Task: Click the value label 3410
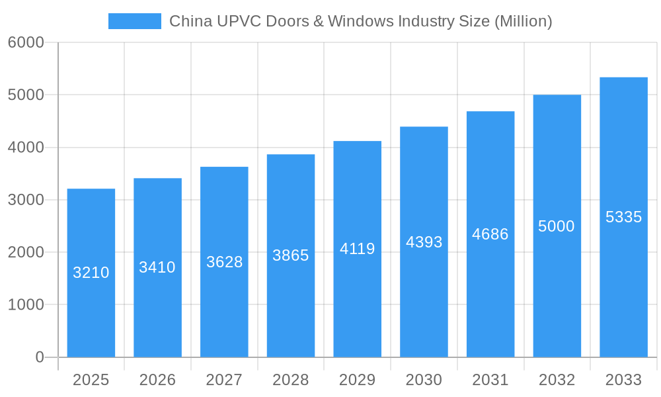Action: [x=157, y=267]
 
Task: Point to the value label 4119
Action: [x=357, y=249]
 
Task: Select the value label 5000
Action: [x=557, y=226]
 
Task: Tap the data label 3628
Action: [x=224, y=262]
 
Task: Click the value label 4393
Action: [x=424, y=242]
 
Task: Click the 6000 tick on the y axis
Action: [x=26, y=42]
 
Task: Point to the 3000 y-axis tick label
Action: [x=26, y=200]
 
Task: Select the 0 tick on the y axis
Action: [x=39, y=357]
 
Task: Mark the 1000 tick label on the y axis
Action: [x=26, y=305]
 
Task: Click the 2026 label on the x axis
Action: [x=157, y=380]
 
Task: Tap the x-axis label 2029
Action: [x=357, y=380]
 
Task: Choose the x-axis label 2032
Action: [x=557, y=380]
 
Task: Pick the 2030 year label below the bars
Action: [x=424, y=380]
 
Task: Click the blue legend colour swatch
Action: [x=135, y=21]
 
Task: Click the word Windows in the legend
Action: [x=360, y=21]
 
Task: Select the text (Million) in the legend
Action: [x=523, y=21]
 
